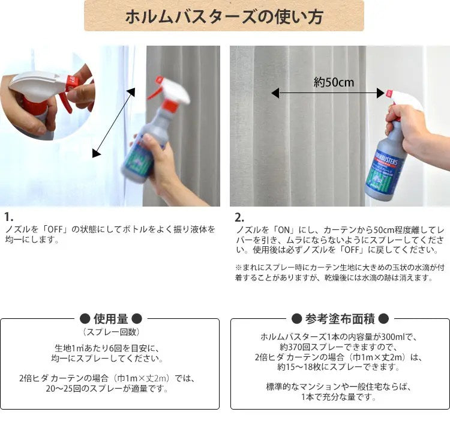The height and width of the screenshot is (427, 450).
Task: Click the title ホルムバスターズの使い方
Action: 224,16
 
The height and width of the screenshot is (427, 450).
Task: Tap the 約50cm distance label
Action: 334,82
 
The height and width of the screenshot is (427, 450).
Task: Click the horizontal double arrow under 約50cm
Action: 328,93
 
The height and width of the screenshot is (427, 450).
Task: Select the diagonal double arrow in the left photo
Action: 113,122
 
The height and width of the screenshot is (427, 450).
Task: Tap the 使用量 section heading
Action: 110,318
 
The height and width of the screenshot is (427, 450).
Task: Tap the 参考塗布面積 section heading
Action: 340,318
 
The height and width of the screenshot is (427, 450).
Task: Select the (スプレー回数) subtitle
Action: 110,332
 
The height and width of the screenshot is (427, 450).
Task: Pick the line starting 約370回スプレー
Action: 340,347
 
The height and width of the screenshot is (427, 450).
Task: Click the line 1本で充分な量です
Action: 340,397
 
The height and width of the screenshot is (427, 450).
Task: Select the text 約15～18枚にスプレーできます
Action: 340,367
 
